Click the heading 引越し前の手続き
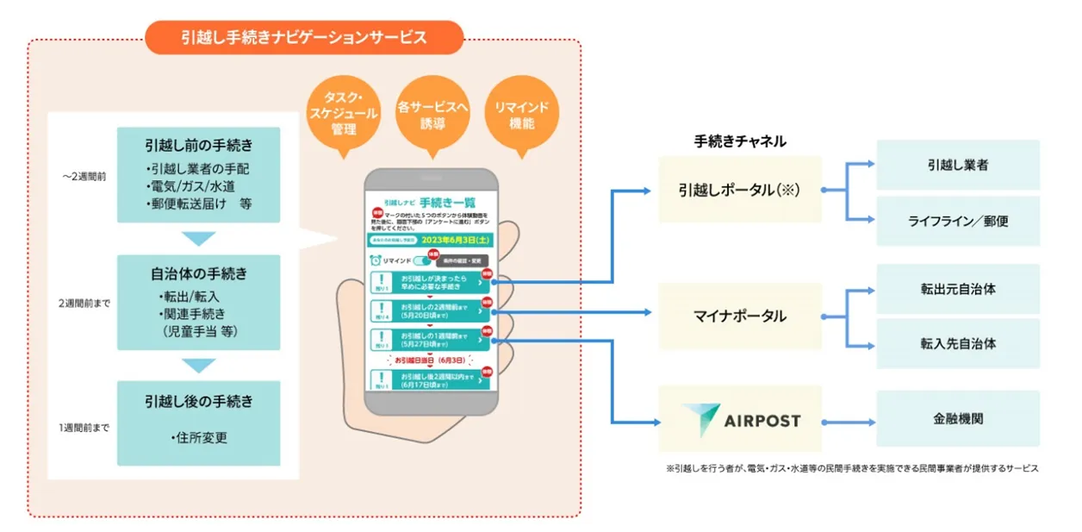(199, 144)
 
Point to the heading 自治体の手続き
(199, 274)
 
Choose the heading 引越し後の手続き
(199, 402)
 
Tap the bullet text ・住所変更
(199, 438)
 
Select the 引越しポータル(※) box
(740, 190)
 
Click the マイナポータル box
(740, 316)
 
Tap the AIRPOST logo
(740, 420)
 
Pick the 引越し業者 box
(958, 165)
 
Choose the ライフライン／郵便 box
(958, 221)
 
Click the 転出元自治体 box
(958, 289)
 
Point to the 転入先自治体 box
(958, 343)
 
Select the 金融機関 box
(958, 419)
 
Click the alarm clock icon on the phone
(376, 260)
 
